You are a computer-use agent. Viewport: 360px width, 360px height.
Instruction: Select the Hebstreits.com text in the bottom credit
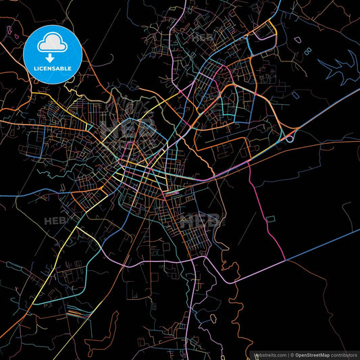click(x=269, y=354)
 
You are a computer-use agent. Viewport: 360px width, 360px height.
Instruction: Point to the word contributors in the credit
click(x=343, y=354)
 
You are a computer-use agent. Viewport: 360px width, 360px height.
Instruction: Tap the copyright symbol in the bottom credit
click(x=292, y=354)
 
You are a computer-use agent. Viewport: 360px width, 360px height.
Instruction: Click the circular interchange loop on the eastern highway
click(x=290, y=138)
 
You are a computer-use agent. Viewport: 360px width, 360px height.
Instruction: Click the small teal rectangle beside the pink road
click(x=272, y=219)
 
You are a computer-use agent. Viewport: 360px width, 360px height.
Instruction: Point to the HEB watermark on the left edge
click(x=54, y=221)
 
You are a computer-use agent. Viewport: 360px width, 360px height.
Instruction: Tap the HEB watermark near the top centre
click(x=203, y=38)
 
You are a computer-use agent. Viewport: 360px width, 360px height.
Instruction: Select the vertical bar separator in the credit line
click(x=288, y=354)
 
